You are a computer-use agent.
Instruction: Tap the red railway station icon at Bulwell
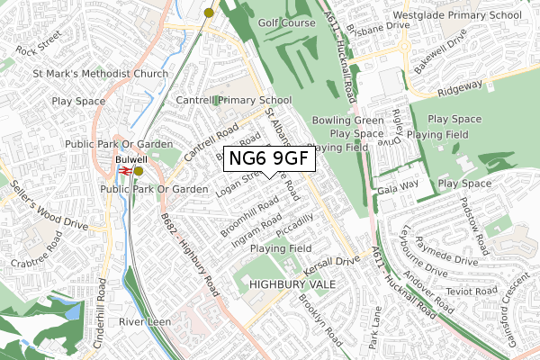pos(126,170)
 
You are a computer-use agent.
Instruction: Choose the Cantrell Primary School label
pos(234,100)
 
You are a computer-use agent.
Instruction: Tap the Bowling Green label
pos(342,120)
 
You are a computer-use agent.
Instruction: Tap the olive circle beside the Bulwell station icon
pos(139,169)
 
